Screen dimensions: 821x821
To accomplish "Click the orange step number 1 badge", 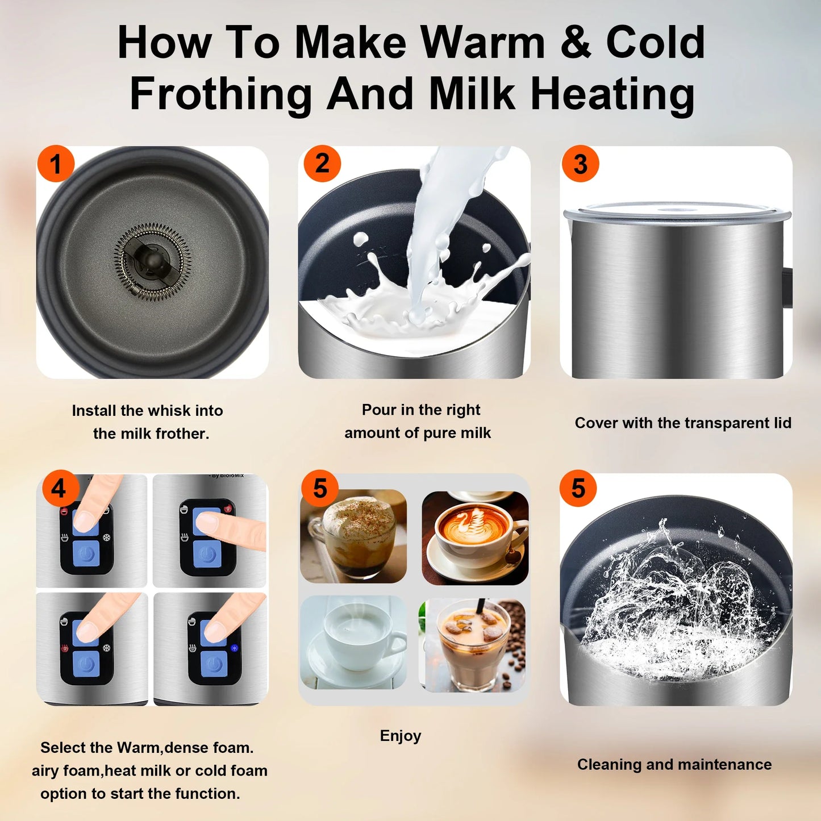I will click(x=56, y=164).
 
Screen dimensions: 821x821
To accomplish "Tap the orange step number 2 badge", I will click(x=322, y=164).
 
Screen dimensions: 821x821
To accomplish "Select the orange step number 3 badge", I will click(x=580, y=164).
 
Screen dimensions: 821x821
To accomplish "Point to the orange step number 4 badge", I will click(x=59, y=488).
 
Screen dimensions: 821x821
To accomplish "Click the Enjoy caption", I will click(x=401, y=736).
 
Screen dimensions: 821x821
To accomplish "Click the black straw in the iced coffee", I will click(x=480, y=607).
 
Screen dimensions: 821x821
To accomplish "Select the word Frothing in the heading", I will click(x=221, y=94).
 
